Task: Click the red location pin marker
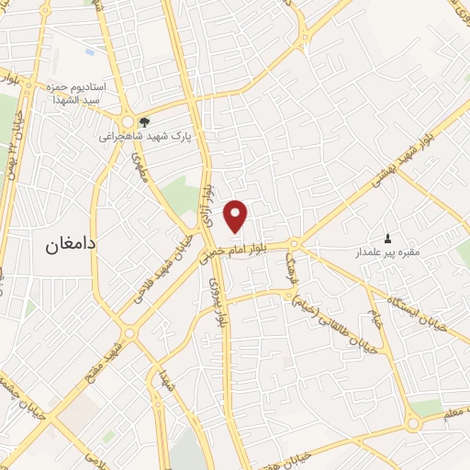[237, 216]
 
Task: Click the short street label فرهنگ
[293, 268]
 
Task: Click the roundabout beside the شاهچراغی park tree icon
[128, 120]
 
